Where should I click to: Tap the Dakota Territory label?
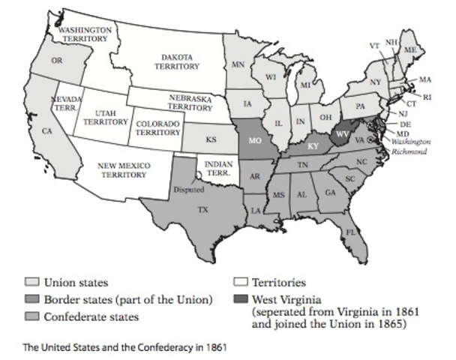point(181,61)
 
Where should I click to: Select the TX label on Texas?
point(202,211)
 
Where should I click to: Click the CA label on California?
point(46,131)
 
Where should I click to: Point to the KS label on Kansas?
point(211,139)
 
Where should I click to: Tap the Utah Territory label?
point(106,117)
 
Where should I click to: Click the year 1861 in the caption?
point(214,347)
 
